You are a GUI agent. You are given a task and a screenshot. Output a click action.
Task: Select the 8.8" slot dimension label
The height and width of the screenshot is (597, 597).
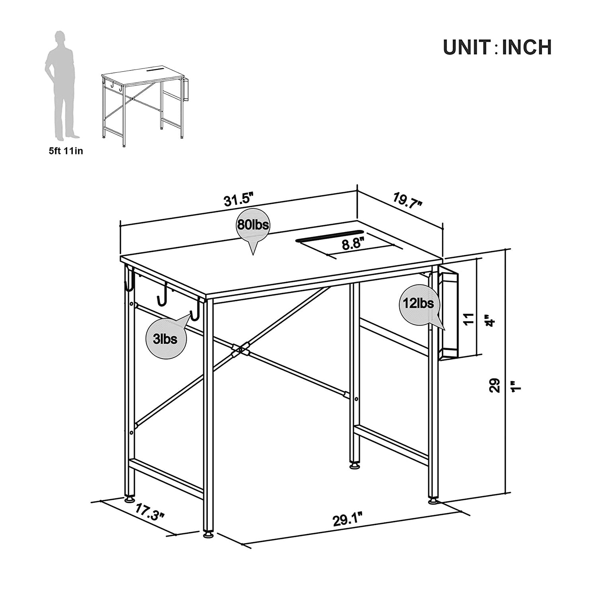pyautogui.click(x=353, y=244)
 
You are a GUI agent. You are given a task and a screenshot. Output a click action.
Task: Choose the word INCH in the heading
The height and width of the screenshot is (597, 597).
pyautogui.click(x=527, y=47)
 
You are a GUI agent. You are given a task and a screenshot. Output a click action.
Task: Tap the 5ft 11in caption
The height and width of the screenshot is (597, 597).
pyautogui.click(x=66, y=151)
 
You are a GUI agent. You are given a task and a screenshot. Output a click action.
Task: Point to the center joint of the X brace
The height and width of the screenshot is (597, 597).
pyautogui.click(x=240, y=350)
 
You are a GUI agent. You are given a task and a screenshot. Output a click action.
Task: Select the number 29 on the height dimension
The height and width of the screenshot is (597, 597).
pyautogui.click(x=494, y=386)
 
